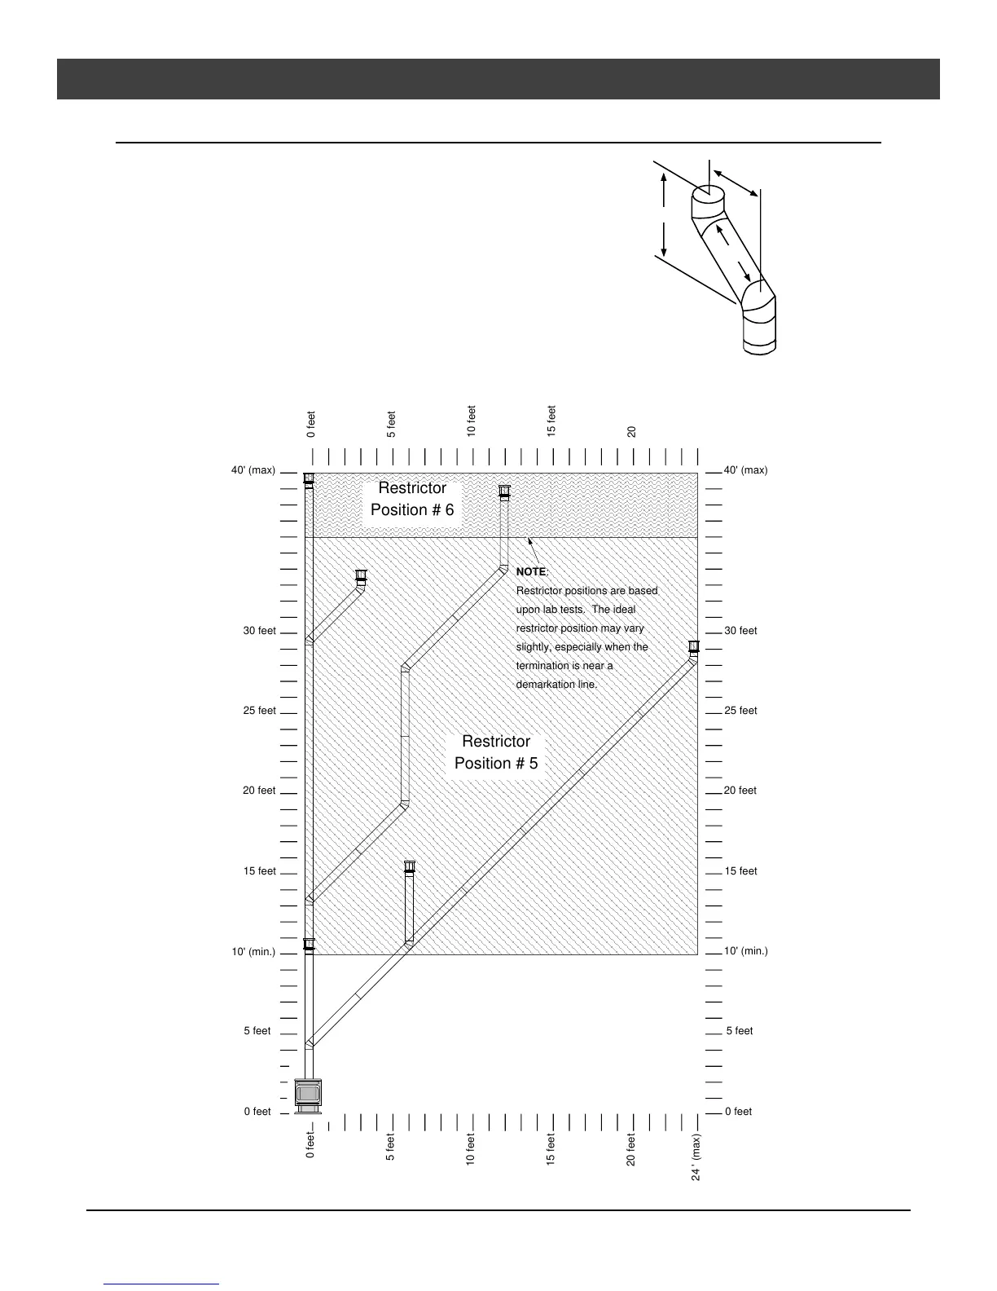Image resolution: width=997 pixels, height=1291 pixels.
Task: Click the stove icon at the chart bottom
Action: (309, 1095)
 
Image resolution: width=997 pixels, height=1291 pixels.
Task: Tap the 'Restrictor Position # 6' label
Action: (412, 499)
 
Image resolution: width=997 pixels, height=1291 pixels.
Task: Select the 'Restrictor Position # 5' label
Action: (496, 752)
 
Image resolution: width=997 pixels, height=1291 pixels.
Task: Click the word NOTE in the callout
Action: (532, 572)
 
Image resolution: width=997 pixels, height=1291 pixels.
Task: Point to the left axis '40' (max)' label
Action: (253, 471)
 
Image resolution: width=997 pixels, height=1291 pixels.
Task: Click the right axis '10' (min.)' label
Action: (745, 951)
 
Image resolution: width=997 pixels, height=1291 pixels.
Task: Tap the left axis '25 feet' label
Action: (259, 711)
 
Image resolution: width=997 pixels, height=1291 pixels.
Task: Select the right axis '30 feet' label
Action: (740, 631)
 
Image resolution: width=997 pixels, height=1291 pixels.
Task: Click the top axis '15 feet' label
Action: (551, 421)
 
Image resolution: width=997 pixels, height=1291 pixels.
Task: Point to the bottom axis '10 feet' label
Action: (471, 1149)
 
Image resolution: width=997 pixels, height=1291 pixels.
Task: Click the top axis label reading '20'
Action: (632, 431)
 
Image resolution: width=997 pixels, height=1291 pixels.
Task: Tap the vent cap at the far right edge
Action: (694, 648)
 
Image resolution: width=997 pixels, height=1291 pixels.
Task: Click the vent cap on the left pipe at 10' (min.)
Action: (309, 945)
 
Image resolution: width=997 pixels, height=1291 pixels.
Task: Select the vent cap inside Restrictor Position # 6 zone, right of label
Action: (504, 491)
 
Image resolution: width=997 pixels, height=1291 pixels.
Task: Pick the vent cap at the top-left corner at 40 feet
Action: (309, 478)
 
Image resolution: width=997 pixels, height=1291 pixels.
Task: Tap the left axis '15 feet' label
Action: (259, 871)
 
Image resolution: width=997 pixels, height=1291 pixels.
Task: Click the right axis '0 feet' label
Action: (738, 1112)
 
